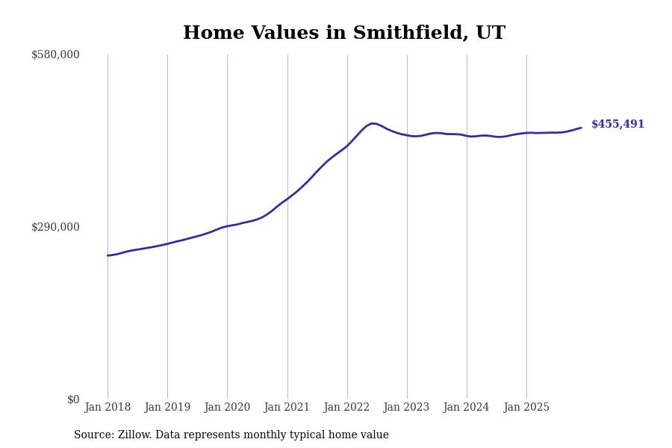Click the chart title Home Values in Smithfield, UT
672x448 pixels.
[343, 34]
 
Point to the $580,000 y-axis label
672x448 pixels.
[55, 55]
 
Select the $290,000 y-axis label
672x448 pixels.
[55, 227]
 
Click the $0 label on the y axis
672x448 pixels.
[73, 399]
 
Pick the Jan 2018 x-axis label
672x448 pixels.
[108, 407]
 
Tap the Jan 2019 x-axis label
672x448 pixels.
[167, 407]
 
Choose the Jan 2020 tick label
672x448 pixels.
[227, 407]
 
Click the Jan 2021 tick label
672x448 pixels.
[287, 407]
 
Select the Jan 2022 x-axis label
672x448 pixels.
[346, 407]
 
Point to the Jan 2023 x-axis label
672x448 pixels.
[406, 407]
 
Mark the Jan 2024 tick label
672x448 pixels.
[466, 407]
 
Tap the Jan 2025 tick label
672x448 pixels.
[526, 407]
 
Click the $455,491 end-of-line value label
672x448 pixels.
[617, 125]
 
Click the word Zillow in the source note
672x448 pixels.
[134, 435]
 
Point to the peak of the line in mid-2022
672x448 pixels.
[372, 123]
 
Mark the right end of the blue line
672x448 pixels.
[581, 128]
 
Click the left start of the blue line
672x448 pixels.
[108, 255]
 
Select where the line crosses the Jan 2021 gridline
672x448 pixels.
[287, 199]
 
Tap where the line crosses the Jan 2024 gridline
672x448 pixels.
[467, 136]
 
